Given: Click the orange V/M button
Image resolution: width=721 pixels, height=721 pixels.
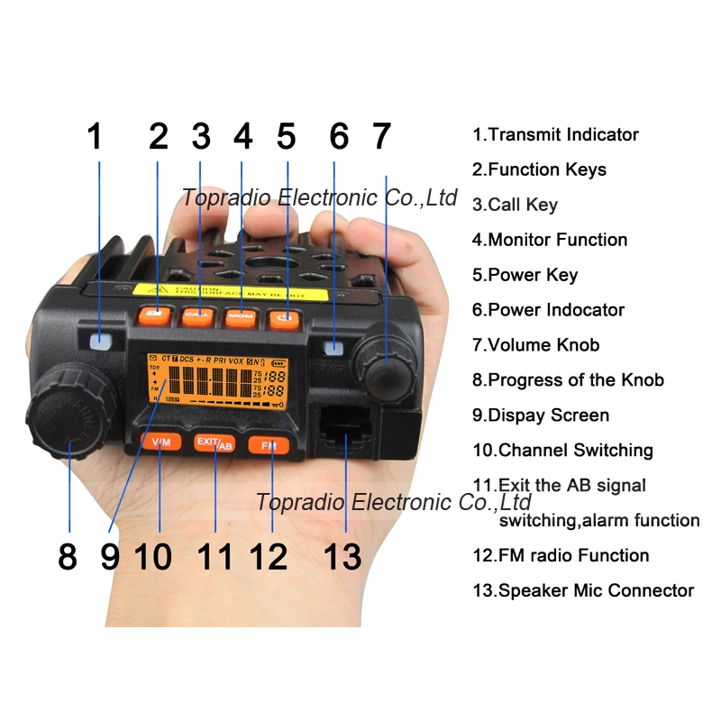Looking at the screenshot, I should pos(160,442).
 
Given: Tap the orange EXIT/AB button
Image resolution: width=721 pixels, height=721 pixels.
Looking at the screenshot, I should pos(214,443).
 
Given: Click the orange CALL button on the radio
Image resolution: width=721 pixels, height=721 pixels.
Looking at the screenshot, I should pos(198,315).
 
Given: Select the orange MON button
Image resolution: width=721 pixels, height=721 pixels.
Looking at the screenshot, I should pos(242,315).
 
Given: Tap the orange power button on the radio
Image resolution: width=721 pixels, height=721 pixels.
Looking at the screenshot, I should pos(286,316).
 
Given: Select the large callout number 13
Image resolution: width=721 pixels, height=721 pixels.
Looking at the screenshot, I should pos(342,555).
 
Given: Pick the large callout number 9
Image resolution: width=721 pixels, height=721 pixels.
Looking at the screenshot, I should pos(109,555).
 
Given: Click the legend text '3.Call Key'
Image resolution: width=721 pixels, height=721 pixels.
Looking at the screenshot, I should pos(515,205).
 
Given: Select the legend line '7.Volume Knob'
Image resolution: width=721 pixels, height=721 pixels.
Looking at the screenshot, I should pos(535,344).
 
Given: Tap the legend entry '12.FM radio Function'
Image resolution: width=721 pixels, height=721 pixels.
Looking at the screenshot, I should pos(561,555).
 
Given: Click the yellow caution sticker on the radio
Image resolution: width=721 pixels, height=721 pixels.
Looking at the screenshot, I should pos(230,293).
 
